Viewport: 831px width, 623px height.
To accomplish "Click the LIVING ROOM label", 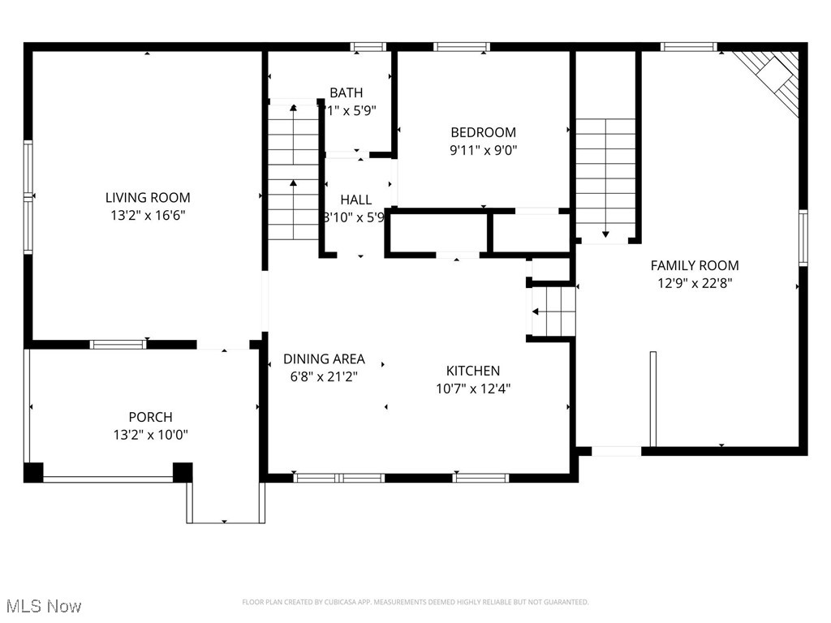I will click(148, 197).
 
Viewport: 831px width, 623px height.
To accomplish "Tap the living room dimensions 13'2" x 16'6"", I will click(148, 215).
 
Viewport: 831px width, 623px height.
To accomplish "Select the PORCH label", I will click(150, 417).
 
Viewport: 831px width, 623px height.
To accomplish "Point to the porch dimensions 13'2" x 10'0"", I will click(150, 435).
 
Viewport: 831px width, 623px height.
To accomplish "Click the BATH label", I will click(346, 92).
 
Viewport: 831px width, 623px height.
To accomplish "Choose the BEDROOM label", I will click(483, 132).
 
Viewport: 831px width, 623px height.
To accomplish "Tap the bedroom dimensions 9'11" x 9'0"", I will click(483, 149).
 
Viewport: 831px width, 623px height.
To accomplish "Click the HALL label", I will click(355, 200).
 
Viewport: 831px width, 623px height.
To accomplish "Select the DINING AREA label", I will click(324, 359).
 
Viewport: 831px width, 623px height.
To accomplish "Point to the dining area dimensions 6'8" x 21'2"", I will click(324, 376).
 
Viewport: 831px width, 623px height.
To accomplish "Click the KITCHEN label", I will click(472, 371).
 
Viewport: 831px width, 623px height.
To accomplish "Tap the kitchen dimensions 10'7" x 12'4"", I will click(472, 388).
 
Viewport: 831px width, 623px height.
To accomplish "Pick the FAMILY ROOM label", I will click(695, 265).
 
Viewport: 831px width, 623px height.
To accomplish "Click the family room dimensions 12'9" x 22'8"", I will click(695, 283).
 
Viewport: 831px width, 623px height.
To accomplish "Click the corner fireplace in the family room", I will click(776, 79).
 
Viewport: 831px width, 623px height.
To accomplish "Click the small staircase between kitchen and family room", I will click(553, 311).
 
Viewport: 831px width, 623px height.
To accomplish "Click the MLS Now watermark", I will click(43, 606).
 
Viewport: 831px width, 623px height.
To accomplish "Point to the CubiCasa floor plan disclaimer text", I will click(415, 602).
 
